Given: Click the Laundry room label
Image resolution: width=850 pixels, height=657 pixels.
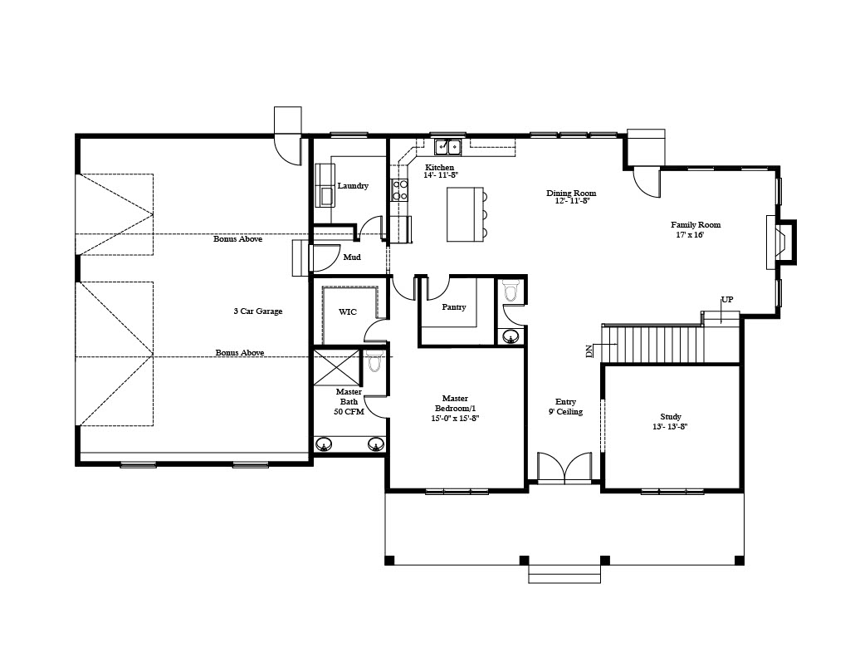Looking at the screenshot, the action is coord(353,185).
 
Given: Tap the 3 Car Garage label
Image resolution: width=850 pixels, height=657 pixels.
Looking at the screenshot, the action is coord(258,311).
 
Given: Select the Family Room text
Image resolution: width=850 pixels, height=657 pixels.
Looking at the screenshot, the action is coord(696,224).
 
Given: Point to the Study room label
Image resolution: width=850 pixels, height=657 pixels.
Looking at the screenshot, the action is coord(671,417).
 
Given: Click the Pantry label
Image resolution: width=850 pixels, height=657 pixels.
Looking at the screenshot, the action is coord(454,307).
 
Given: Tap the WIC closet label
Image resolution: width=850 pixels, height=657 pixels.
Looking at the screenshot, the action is coord(348,312).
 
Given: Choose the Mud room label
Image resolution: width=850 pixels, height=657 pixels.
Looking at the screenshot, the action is coord(352,257).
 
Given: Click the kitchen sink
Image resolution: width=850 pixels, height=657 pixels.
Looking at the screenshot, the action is coord(447,146).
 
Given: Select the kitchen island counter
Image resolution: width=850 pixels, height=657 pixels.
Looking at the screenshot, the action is coord(465,214).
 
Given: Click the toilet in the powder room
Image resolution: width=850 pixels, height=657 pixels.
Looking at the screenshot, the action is coord(510,291).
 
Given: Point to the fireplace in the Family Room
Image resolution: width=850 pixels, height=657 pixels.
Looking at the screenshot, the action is coord(781,242).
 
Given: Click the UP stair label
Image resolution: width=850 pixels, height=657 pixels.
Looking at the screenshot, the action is coord(727,300).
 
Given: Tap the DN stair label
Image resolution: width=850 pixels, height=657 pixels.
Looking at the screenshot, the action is coord(589,351).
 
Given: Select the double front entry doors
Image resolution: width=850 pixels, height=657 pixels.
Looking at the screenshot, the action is coord(564,467).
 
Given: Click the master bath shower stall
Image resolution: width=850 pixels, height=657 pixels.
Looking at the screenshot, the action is coord(337,367).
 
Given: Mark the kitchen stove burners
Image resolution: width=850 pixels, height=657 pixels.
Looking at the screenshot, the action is coord(400,190).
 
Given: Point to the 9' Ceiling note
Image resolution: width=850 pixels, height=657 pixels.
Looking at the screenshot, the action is coord(565,412).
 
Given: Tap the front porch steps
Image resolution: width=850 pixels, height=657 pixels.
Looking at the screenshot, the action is coord(564,574).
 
